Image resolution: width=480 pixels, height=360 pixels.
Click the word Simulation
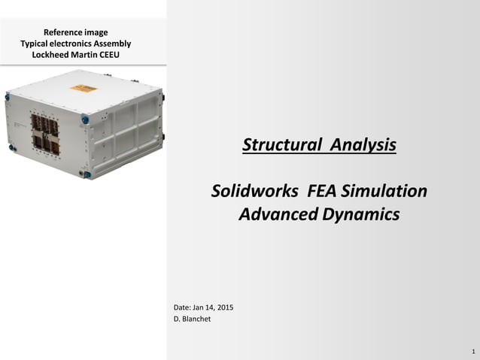(x=387, y=191)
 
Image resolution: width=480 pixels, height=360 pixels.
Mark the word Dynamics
(x=362, y=214)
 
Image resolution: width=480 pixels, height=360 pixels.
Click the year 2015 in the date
(x=224, y=307)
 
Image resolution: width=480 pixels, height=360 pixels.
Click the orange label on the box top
(x=84, y=89)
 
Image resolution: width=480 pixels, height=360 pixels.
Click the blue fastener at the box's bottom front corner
(x=87, y=174)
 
